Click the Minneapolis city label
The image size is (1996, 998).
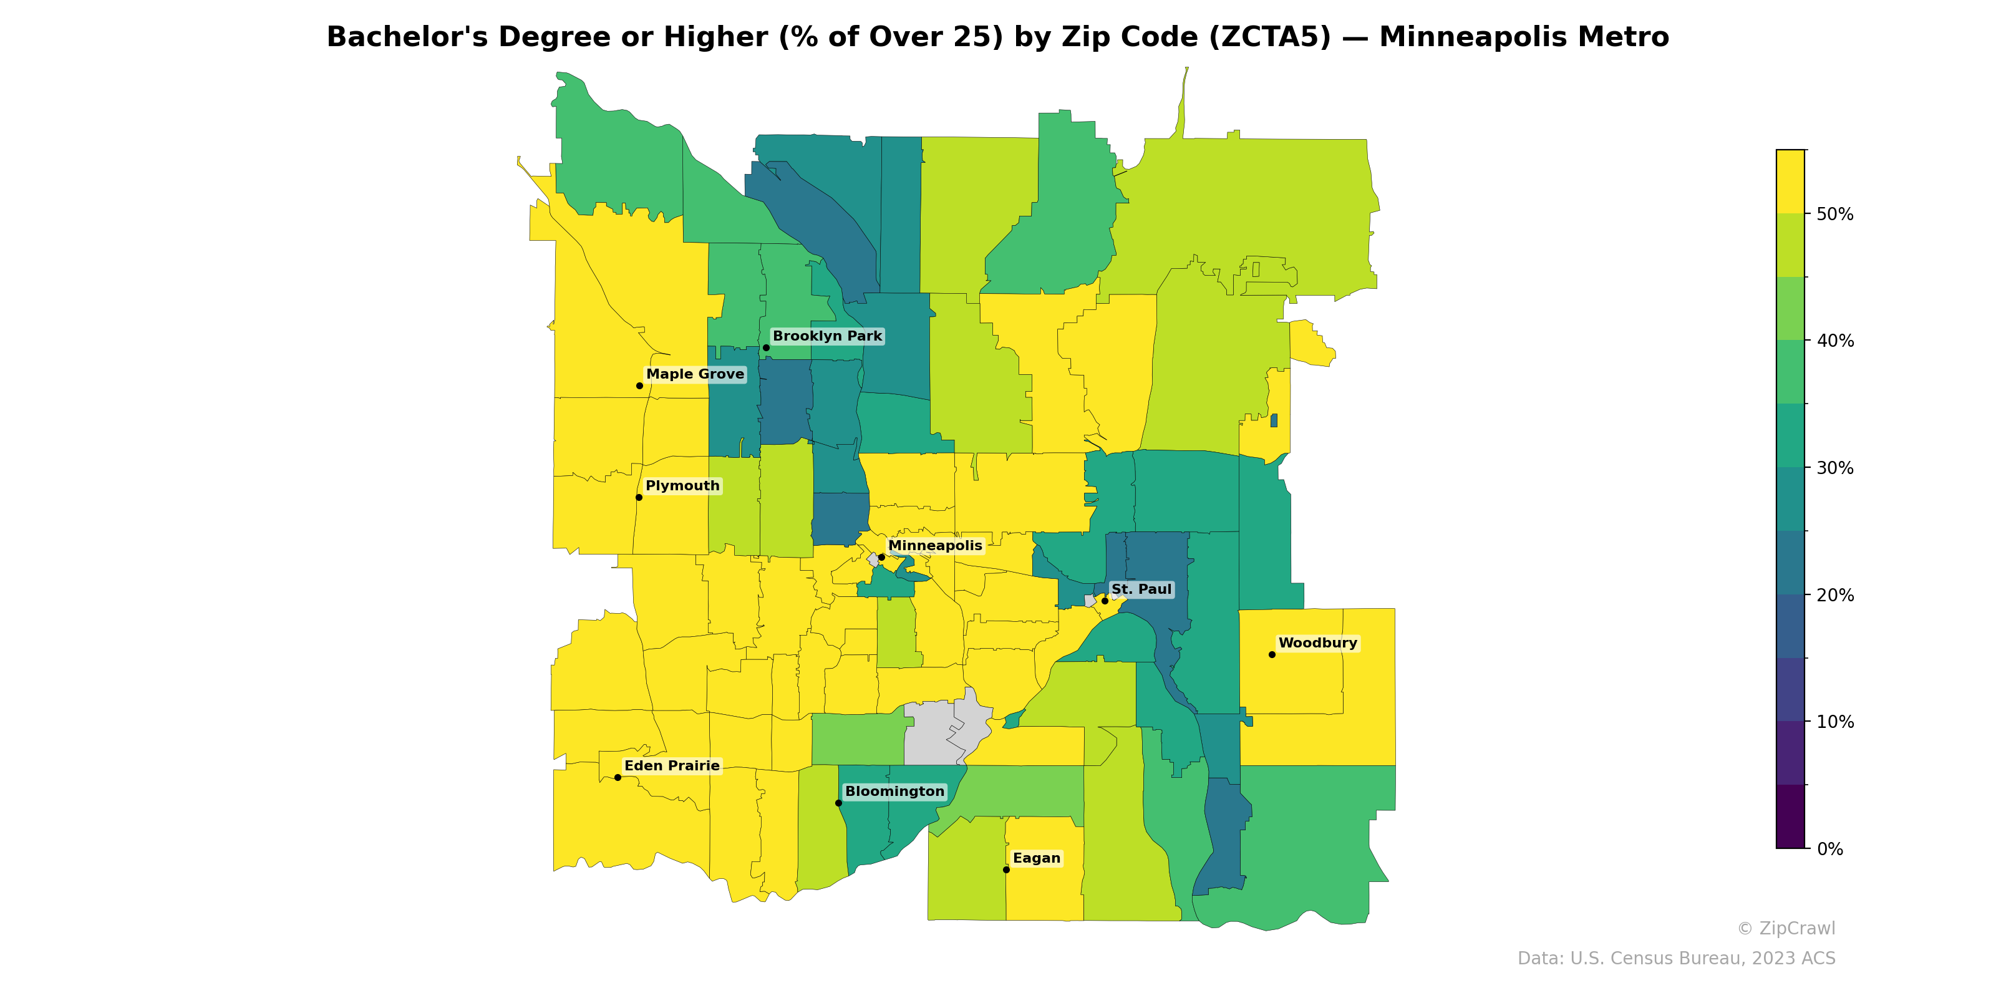(934, 546)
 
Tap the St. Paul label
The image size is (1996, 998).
(1141, 589)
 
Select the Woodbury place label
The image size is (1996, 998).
(1317, 643)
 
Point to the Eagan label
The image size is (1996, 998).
(1036, 858)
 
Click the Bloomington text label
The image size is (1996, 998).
(894, 791)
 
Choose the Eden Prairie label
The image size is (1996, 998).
(672, 765)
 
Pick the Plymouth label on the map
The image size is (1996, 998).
(682, 486)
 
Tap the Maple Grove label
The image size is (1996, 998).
(695, 374)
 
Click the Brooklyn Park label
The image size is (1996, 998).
(826, 336)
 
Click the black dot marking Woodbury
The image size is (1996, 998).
(1272, 655)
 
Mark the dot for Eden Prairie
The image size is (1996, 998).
(618, 777)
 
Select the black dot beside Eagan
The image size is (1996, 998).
(1005, 870)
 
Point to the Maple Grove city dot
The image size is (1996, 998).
(639, 386)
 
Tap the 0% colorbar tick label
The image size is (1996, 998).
(1829, 849)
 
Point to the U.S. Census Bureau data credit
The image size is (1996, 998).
(1675, 959)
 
